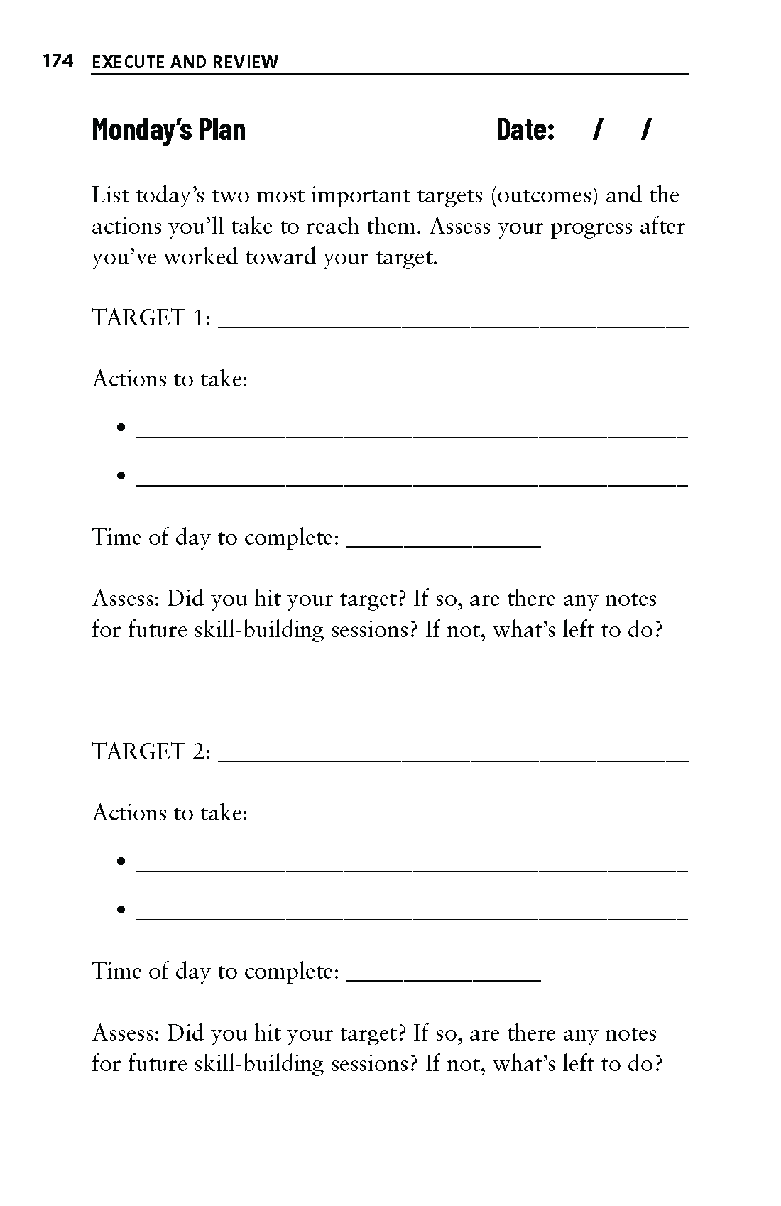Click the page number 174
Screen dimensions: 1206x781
[58, 62]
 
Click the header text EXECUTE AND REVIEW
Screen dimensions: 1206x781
[185, 63]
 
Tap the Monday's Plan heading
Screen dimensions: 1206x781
[169, 130]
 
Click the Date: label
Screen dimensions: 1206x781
[525, 130]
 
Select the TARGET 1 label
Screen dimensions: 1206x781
[151, 317]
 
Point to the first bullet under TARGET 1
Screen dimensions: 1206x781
[122, 428]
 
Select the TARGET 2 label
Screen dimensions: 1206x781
[151, 751]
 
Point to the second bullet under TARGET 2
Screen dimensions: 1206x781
[122, 909]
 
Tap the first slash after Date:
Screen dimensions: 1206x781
[599, 130]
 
